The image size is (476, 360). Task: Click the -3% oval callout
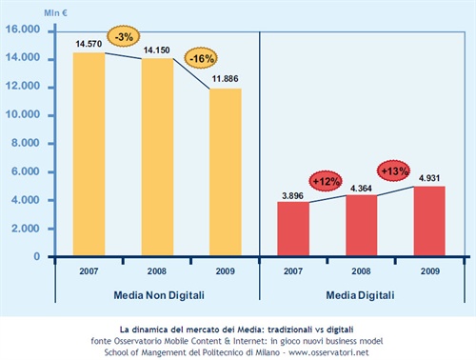(x=124, y=36)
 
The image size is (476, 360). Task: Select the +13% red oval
(x=394, y=170)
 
